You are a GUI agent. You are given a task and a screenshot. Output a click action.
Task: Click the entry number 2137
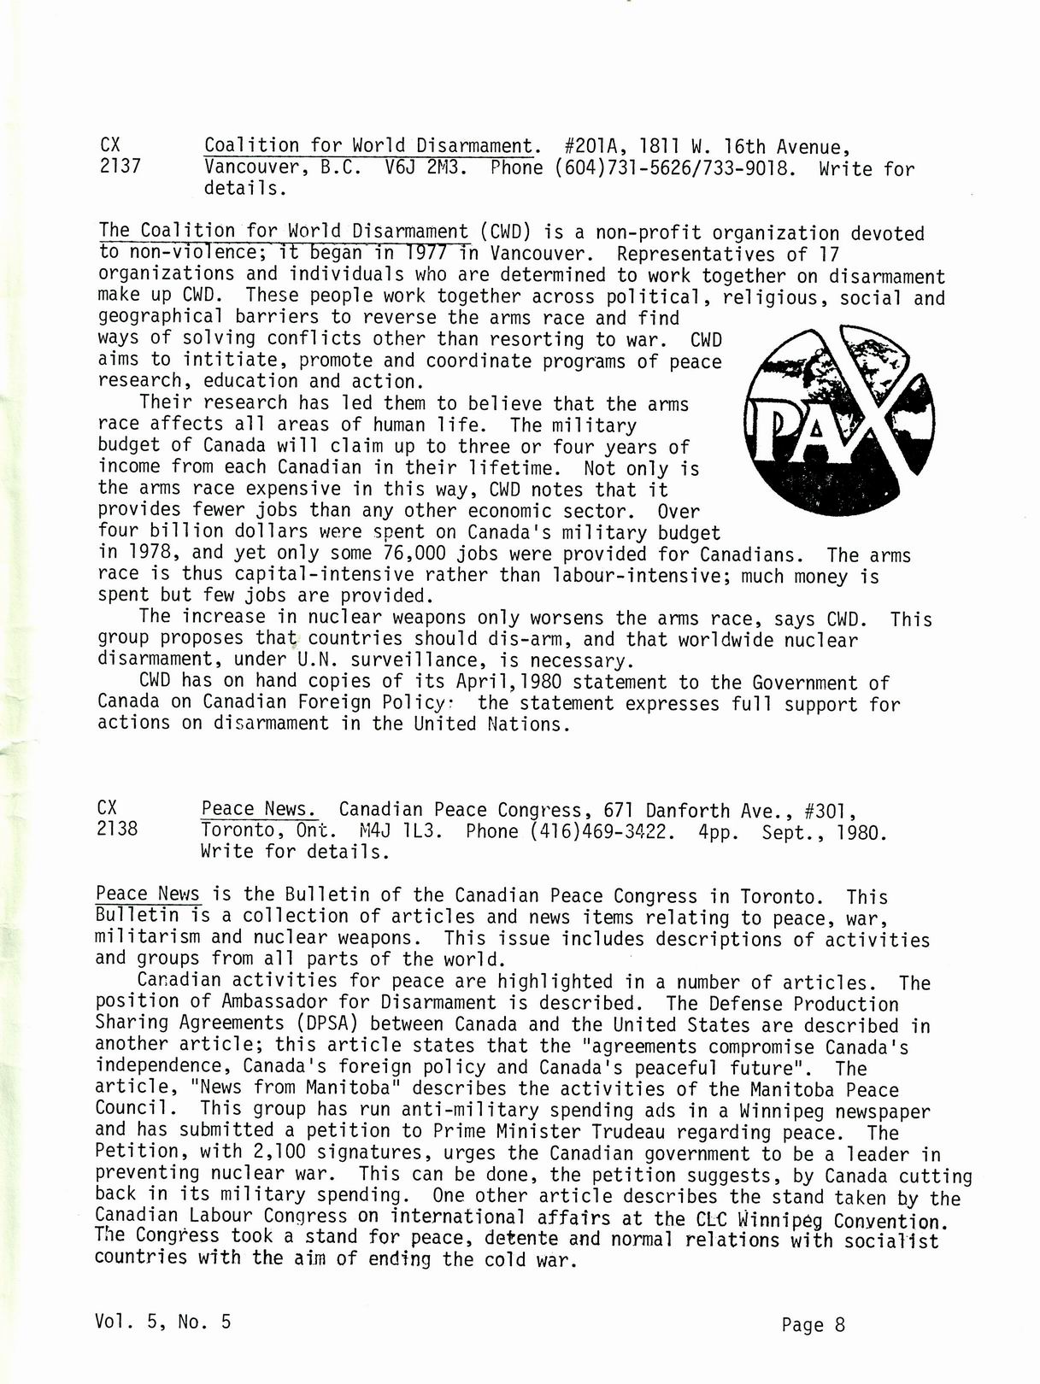pos(120,167)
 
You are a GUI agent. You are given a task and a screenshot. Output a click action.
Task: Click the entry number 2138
pos(117,829)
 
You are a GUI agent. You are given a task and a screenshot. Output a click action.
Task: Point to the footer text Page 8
pos(813,1325)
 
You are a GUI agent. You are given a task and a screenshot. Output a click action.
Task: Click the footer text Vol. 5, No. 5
pos(163,1322)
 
